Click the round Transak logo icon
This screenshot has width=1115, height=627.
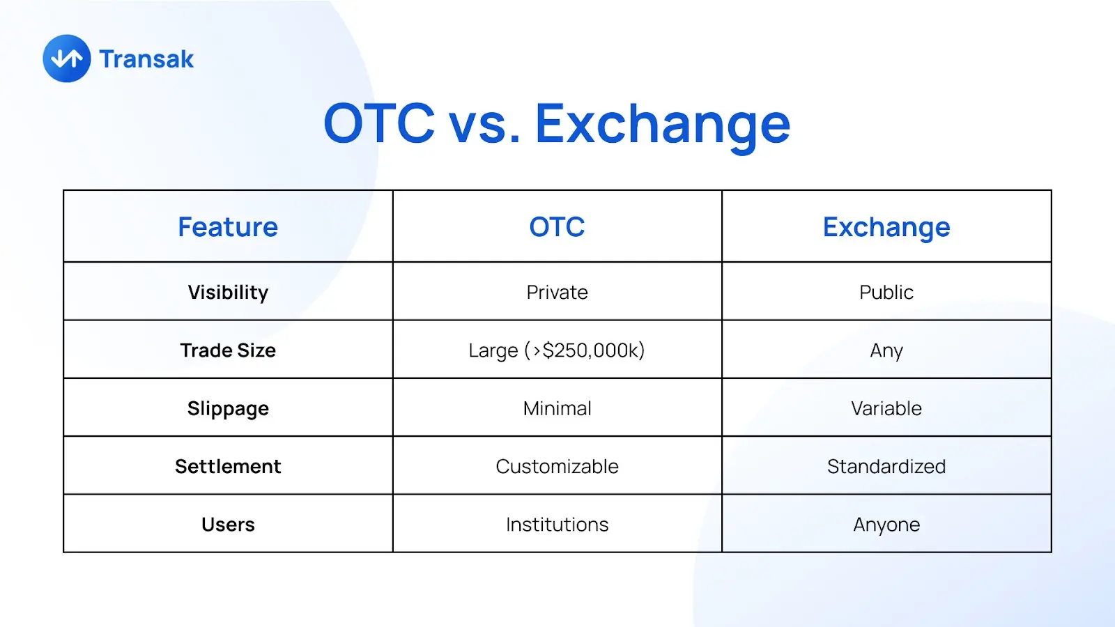point(67,59)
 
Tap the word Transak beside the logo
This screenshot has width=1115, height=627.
point(146,59)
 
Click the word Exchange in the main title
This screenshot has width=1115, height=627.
point(663,125)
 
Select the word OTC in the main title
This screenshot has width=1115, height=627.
point(379,123)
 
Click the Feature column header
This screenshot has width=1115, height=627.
point(228,227)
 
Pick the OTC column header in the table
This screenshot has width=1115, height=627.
point(557,227)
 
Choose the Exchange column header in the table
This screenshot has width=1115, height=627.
point(886,228)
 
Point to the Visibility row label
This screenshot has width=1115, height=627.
point(228,293)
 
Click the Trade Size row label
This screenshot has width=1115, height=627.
point(228,350)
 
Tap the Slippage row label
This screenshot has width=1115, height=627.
point(228,409)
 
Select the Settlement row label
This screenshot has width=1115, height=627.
point(228,466)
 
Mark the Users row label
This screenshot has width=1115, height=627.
point(228,525)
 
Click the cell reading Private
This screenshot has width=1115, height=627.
point(557,292)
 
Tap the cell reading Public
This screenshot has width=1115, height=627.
point(886,292)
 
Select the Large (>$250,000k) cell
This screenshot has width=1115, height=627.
point(557,350)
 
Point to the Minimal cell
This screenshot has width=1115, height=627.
point(557,408)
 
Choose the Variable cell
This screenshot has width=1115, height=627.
point(886,408)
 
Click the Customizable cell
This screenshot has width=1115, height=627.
point(557,466)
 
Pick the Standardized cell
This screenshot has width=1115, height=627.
point(886,466)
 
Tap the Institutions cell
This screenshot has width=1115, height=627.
point(557,525)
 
